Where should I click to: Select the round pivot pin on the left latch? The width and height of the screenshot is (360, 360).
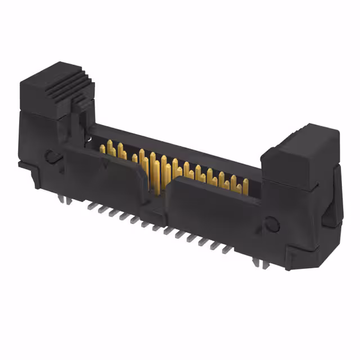[x=51, y=156]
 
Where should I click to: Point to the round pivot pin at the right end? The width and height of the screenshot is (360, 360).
[x=272, y=224]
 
